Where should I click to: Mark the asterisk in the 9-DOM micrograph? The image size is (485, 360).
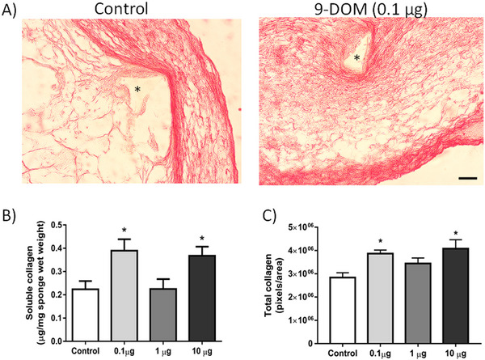pyautogui.click(x=355, y=58)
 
